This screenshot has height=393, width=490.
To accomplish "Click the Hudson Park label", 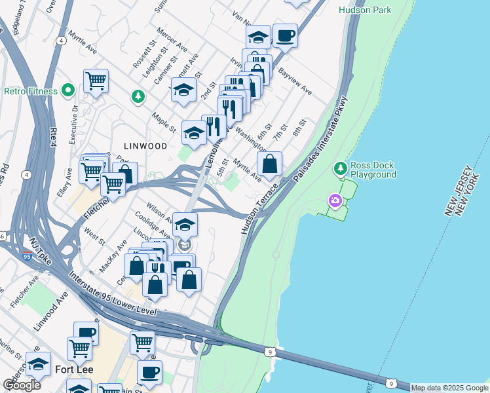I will [x=365, y=10].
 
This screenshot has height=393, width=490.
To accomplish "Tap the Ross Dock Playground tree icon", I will [x=340, y=169].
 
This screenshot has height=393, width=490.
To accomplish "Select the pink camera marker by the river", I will [x=335, y=200].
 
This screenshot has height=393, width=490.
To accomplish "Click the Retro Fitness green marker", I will [x=67, y=90].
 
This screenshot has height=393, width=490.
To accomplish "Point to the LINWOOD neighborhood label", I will [x=144, y=146].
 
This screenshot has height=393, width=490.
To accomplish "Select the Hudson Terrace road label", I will [x=259, y=208].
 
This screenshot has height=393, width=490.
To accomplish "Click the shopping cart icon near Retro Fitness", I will [x=96, y=81].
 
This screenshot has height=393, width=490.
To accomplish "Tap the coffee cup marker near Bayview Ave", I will [x=285, y=36].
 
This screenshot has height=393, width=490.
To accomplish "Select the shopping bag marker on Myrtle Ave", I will [x=269, y=164].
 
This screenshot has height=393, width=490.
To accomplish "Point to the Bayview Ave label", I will [x=295, y=81].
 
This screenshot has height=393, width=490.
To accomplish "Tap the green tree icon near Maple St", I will [x=138, y=97].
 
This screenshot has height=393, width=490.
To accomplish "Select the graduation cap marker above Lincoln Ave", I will [x=185, y=225].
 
